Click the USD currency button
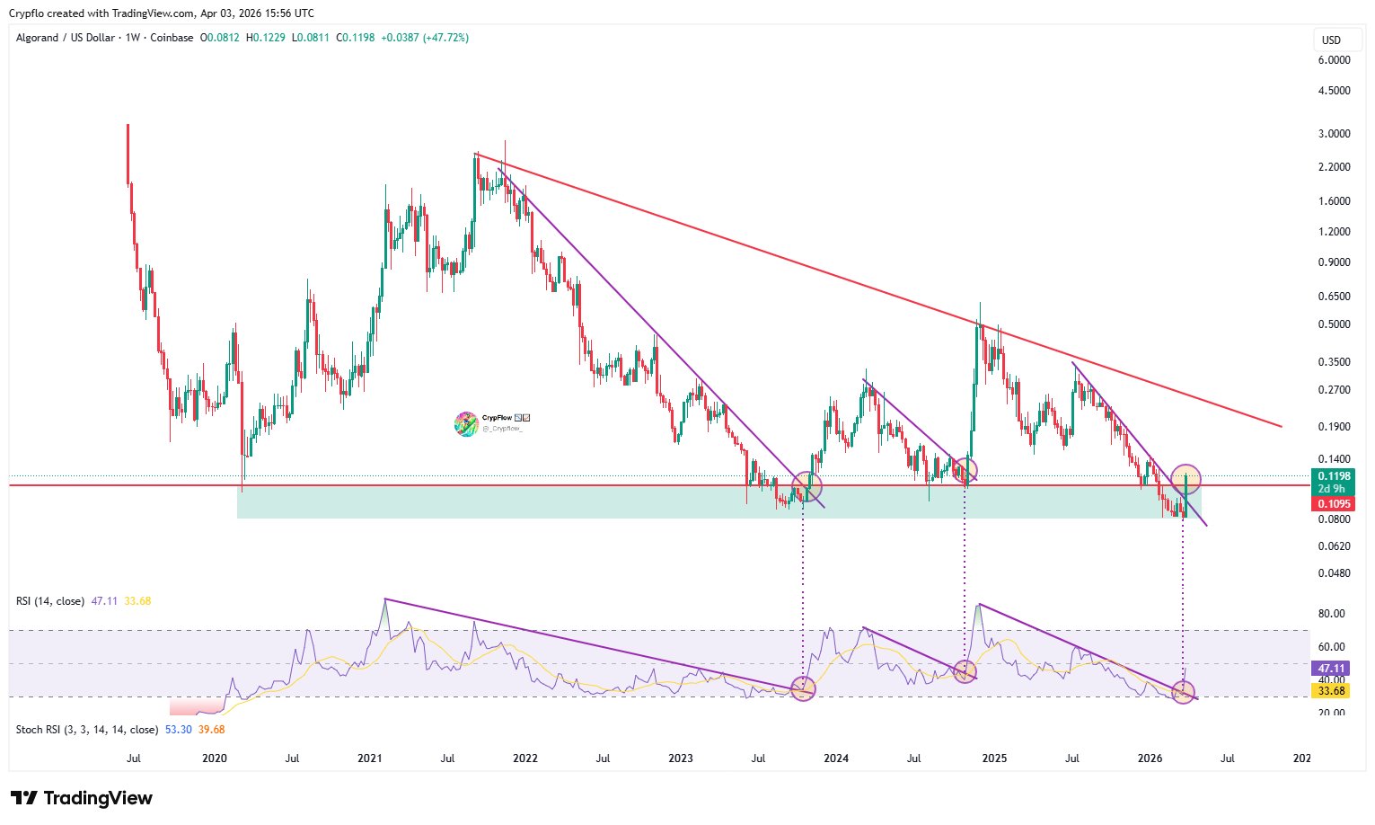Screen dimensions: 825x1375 point(1331,40)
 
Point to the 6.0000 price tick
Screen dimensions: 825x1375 point(1334,60)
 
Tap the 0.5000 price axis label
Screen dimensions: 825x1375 point(1334,324)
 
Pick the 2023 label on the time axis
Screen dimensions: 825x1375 point(681,758)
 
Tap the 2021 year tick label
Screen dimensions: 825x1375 point(370,758)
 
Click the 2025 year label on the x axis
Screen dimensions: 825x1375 point(994,758)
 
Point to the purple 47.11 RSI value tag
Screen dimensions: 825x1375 point(1331,668)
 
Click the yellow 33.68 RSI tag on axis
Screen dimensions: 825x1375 point(1331,690)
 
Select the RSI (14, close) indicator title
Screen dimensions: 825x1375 point(50,601)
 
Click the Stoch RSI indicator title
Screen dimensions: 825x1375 point(87,730)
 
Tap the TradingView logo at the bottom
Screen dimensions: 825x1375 point(82,798)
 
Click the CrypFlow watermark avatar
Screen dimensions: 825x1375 point(465,423)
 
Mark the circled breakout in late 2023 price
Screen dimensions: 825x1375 point(806,488)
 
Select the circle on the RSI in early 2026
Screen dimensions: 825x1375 point(1184,691)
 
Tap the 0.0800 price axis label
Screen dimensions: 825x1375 point(1334,519)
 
